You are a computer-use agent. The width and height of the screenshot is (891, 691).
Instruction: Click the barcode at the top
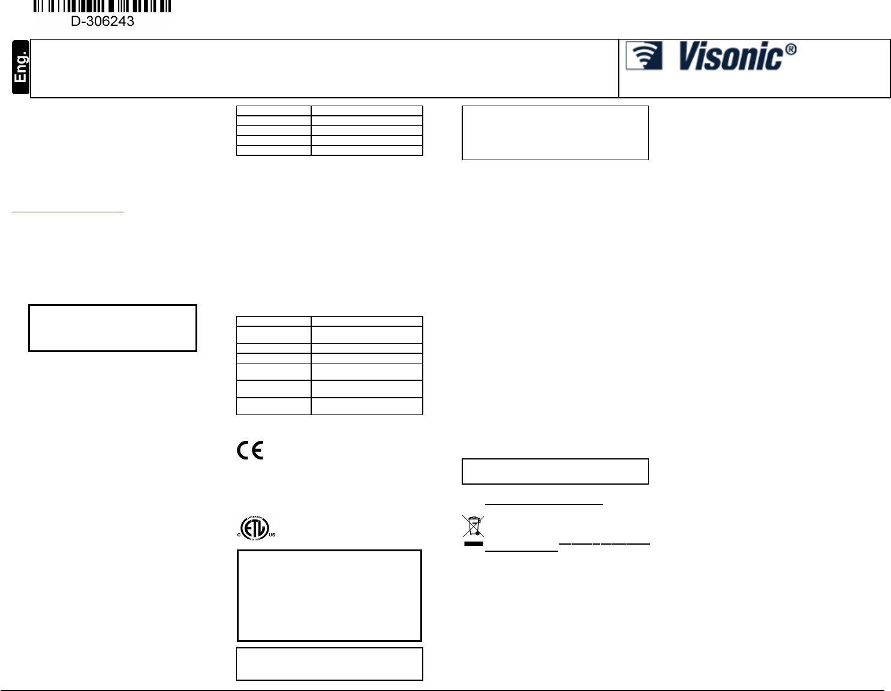coord(102,6)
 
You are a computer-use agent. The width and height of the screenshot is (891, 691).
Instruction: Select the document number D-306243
coord(103,22)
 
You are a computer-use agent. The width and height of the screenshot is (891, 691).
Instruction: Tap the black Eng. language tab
coord(21,67)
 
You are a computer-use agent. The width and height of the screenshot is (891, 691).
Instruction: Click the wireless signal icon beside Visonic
coord(644,56)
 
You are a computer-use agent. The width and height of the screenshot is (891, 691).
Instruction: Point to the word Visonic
coord(731,57)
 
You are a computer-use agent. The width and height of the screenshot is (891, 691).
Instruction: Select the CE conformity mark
coord(249,450)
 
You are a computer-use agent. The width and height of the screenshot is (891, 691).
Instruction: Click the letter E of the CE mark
coord(257,450)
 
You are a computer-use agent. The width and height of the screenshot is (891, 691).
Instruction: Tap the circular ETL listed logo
coord(254,528)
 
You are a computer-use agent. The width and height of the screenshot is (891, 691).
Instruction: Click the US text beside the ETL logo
coord(272,534)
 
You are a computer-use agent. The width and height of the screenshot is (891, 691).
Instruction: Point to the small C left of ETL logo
coord(239,534)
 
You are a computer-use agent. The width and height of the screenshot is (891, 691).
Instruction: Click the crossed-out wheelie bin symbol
coord(473,526)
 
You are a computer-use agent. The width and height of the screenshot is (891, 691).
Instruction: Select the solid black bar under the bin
coord(473,544)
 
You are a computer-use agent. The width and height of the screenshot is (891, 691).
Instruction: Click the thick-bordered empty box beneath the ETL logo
coord(329,595)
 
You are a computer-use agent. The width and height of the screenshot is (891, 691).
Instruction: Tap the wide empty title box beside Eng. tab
coord(324,68)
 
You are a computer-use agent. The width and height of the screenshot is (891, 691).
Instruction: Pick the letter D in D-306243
coord(76,22)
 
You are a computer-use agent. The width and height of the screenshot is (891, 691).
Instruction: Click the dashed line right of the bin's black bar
coord(604,543)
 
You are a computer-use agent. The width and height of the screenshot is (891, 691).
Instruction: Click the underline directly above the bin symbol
coord(543,504)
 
